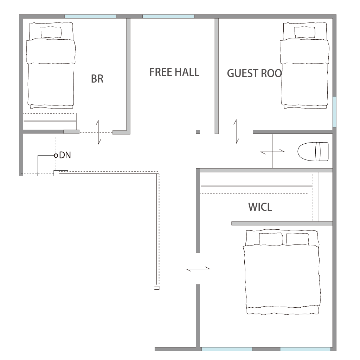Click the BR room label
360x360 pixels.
[97, 79]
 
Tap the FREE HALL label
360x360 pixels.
[174, 72]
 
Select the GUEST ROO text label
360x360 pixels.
[254, 73]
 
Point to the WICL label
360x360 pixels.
[260, 207]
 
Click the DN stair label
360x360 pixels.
[65, 155]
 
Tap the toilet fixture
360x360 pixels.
[313, 151]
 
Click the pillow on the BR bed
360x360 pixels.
[51, 32]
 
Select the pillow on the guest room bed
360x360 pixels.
[304, 32]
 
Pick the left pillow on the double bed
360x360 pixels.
[271, 239]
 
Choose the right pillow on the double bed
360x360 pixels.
[297, 239]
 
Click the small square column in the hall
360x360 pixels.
[198, 132]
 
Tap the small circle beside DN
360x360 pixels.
[56, 156]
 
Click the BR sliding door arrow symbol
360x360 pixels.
[98, 132]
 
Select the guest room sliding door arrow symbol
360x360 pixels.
[236, 132]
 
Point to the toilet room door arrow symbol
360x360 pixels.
[273, 151]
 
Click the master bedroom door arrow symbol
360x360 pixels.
[198, 269]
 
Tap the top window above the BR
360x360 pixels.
[90, 17]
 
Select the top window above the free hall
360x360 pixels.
[168, 17]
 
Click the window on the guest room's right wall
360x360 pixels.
[334, 112]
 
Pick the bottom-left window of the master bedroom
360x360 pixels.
[227, 349]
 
